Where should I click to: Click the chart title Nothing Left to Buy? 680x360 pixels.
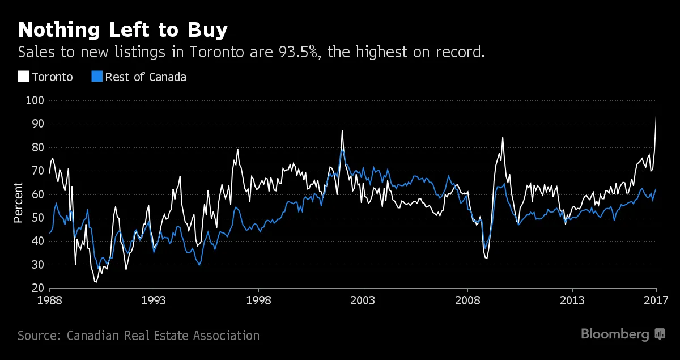click(123, 29)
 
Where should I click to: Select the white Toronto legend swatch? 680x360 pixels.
click(23, 76)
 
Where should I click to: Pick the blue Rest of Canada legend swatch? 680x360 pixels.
click(97, 76)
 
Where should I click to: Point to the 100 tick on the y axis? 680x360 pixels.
click(37, 100)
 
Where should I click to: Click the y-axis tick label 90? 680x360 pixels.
click(39, 124)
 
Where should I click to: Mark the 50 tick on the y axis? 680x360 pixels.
click(39, 218)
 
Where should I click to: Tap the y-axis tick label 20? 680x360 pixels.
click(39, 288)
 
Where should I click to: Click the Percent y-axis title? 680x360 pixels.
click(18, 202)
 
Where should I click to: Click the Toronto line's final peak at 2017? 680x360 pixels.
click(656, 116)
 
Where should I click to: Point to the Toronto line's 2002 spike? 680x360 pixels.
click(342, 131)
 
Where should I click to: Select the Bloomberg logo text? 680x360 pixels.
click(615, 334)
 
